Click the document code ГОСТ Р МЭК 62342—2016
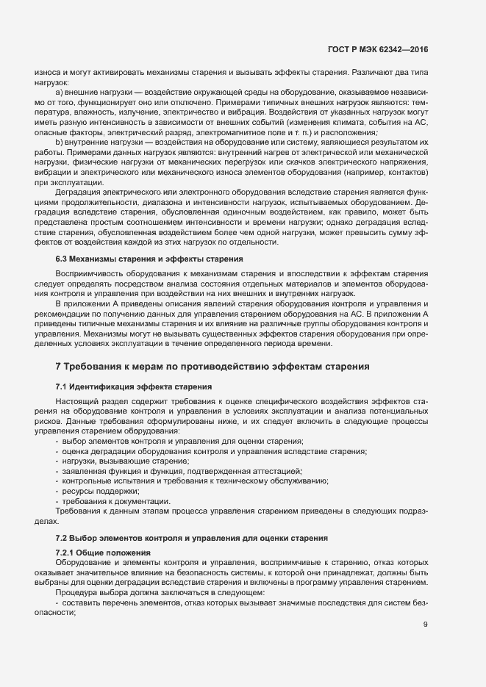(377, 49)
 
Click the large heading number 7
(58, 366)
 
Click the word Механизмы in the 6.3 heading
(97, 259)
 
